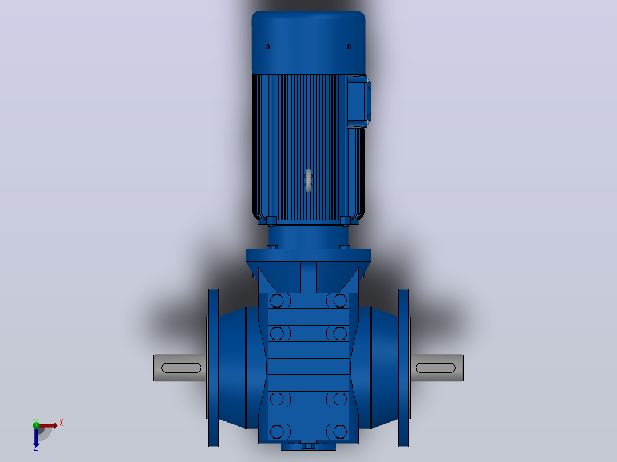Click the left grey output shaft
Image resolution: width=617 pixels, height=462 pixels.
coord(180,368)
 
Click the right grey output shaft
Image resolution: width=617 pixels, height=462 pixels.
coord(437,368)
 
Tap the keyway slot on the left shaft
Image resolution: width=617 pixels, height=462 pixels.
coord(181,368)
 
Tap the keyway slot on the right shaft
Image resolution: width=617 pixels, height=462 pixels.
coord(436,368)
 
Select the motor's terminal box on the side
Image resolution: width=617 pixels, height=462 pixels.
coord(359,101)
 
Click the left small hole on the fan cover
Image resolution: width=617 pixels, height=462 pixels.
coord(268,47)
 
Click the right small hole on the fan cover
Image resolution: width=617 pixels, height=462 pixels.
coord(349,47)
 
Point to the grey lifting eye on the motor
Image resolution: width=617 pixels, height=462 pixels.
coord(308,181)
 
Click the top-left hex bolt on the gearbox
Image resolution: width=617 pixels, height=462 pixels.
coord(277,301)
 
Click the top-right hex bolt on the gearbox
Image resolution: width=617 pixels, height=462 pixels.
coord(340,301)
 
